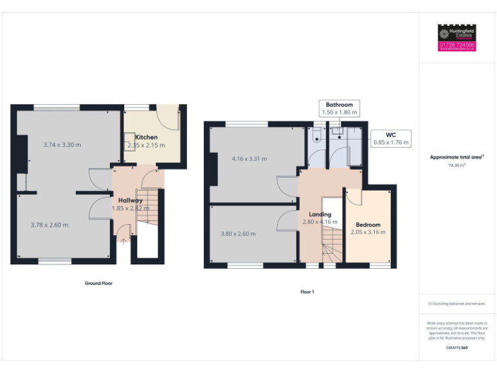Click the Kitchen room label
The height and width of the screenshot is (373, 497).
tap(146, 137)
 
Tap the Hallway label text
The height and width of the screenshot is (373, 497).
tap(130, 201)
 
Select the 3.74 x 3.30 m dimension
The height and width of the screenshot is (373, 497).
tap(62, 145)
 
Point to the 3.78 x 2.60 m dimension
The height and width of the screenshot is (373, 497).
tap(50, 225)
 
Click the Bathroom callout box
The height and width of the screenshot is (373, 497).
tap(339, 108)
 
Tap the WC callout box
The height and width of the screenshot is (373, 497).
tap(391, 139)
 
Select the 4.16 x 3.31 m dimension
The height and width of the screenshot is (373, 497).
tap(249, 159)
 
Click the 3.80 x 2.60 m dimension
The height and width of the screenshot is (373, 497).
tap(237, 234)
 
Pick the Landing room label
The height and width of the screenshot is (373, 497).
tap(320, 214)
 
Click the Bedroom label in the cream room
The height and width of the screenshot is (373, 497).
tap(368, 225)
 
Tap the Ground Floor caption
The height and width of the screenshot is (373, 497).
tap(98, 283)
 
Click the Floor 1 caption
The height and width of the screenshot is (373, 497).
tap(307, 292)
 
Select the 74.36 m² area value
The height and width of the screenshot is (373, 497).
tap(457, 166)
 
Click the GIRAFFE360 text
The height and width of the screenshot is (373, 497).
tap(457, 348)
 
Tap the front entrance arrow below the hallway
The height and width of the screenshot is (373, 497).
tap(124, 242)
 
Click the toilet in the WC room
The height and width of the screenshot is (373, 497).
tap(316, 135)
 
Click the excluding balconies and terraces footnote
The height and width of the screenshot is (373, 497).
tap(457, 304)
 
